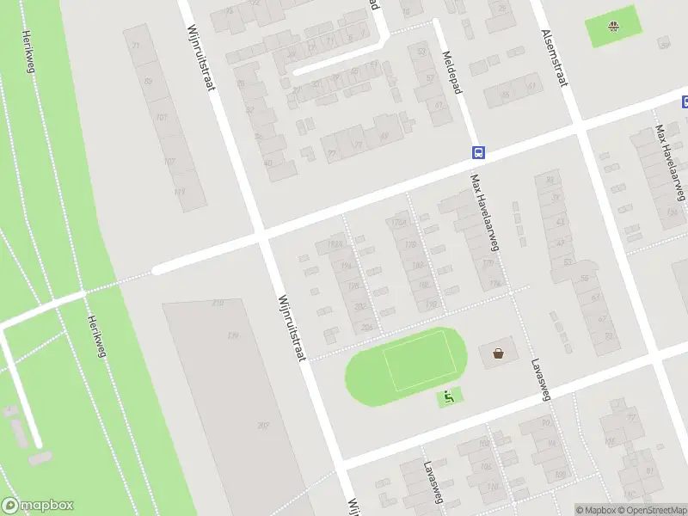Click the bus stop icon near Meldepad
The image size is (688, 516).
point(478,153)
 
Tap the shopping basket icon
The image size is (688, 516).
point(498,353)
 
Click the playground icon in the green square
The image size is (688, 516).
point(613,26)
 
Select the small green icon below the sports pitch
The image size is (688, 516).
point(449,397)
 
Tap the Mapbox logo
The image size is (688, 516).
point(37,506)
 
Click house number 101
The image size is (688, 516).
point(161,116)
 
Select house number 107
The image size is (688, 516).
point(169,162)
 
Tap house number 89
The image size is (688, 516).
point(148,82)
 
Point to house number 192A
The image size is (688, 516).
point(335,244)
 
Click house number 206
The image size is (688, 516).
point(367,327)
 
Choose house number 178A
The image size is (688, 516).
point(397,224)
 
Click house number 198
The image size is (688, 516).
point(353,285)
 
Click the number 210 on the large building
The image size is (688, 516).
point(218,303)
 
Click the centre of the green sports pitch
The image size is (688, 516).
point(414,360)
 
